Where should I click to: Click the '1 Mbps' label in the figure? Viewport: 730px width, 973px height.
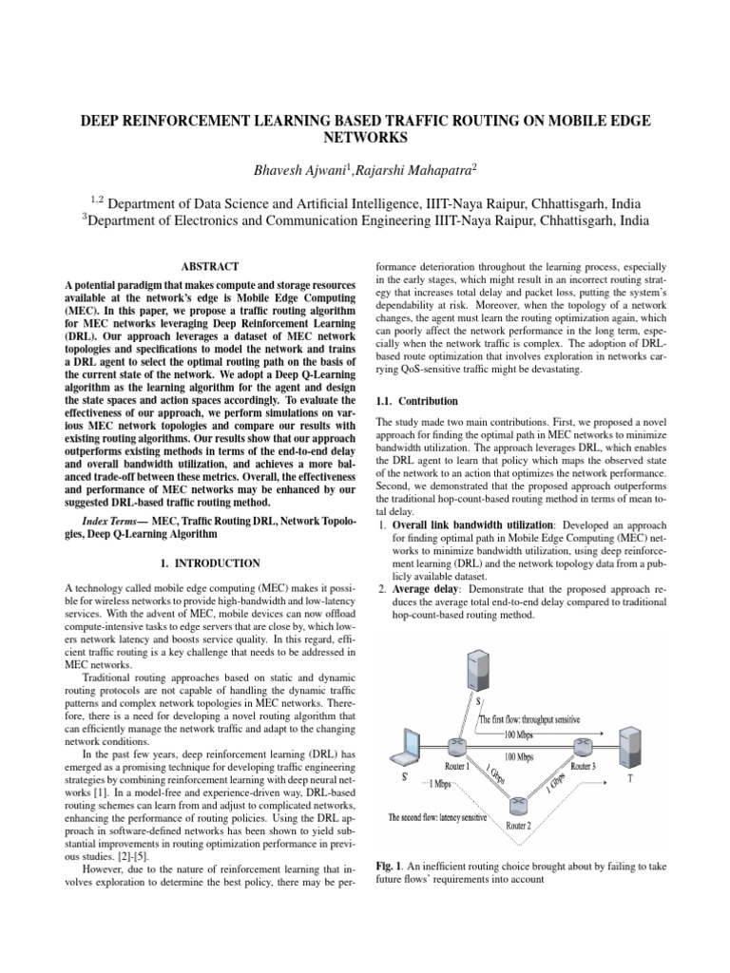click(439, 783)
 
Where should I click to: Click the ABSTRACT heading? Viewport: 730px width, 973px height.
click(210, 267)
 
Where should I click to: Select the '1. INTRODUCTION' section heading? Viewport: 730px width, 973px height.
click(210, 563)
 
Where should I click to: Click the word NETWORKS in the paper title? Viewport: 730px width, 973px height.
click(364, 138)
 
